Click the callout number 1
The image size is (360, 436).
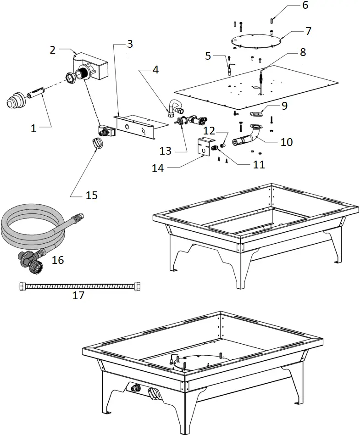pyautogui.click(x=33, y=129)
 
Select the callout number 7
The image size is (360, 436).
pyautogui.click(x=308, y=31)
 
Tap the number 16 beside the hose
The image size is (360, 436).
pyautogui.click(x=58, y=260)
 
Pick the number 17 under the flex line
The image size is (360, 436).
pyautogui.click(x=78, y=295)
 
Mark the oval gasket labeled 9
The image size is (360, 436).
pyautogui.click(x=256, y=113)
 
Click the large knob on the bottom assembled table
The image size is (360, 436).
pyautogui.click(x=154, y=393)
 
